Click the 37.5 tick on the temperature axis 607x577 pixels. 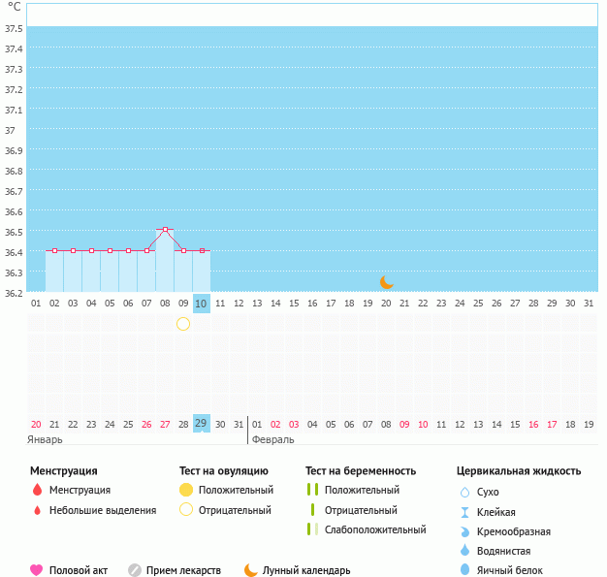[x=14, y=28]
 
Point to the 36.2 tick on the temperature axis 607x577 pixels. [x=14, y=292]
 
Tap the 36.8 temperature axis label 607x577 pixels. [x=14, y=171]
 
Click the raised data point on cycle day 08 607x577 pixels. [x=166, y=230]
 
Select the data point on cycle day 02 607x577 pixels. [x=54, y=250]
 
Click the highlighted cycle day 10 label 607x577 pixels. [x=202, y=304]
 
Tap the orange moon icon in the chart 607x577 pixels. [x=387, y=281]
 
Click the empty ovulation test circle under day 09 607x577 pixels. [x=183, y=324]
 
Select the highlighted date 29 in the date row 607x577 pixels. [x=202, y=424]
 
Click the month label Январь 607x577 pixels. [x=45, y=439]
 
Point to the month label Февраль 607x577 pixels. [x=272, y=439]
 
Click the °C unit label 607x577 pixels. [x=14, y=7]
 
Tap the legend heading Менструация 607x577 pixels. [x=64, y=471]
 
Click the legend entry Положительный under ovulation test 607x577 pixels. [x=236, y=490]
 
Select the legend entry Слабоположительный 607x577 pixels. [x=375, y=529]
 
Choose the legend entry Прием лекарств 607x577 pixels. [x=183, y=570]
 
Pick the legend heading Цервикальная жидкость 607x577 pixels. [x=519, y=471]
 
